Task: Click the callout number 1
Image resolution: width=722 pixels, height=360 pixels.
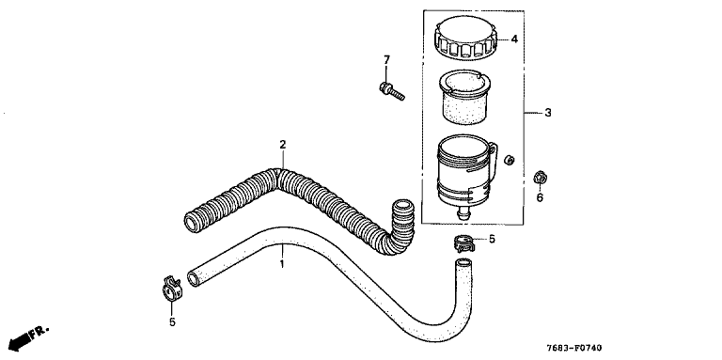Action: click(x=282, y=264)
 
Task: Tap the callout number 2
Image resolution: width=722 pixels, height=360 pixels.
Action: click(x=283, y=145)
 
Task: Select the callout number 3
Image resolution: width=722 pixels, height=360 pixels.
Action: click(x=548, y=113)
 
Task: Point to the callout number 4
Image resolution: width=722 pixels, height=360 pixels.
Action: click(x=514, y=39)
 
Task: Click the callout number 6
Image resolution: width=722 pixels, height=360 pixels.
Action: click(x=540, y=198)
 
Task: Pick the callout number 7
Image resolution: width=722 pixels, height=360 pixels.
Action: click(x=386, y=59)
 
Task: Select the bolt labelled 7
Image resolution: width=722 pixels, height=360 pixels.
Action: click(x=392, y=90)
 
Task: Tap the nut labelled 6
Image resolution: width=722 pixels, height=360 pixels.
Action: click(x=541, y=178)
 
